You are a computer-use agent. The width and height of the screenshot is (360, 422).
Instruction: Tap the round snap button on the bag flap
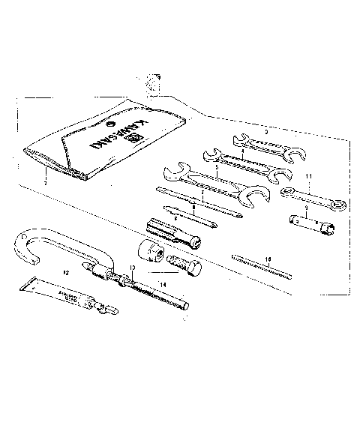point(110,125)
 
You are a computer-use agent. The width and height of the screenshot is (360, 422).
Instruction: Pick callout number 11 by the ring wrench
point(307,177)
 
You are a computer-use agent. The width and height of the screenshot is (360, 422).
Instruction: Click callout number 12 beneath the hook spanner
point(64,274)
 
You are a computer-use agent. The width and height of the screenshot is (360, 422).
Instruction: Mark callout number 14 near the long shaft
point(161,285)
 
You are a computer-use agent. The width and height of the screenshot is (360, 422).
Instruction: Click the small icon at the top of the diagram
point(154,81)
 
